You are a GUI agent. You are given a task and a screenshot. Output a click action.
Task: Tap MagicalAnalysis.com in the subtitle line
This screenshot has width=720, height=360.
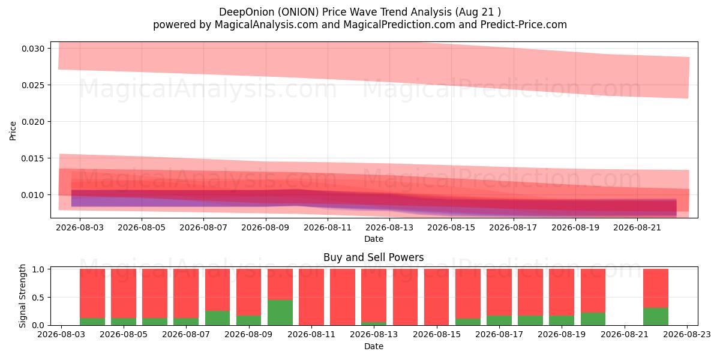pyautogui.click(x=266, y=25)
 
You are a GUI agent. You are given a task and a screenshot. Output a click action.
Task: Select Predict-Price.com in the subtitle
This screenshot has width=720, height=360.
pyautogui.click(x=524, y=25)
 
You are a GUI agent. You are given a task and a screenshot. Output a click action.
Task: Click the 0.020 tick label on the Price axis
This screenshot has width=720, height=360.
pyautogui.click(x=33, y=122)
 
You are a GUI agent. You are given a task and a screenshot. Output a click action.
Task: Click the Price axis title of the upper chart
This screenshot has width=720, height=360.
pyautogui.click(x=13, y=131)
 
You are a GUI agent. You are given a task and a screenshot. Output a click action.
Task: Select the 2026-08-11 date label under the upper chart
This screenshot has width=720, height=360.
pyautogui.click(x=328, y=228)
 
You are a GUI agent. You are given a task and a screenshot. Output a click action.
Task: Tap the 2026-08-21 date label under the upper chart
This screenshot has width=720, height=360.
pyautogui.click(x=637, y=228)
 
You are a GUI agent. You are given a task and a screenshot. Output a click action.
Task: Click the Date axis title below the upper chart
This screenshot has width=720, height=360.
pyautogui.click(x=374, y=239)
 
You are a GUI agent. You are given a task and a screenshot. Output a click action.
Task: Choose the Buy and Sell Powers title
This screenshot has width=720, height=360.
pyautogui.click(x=373, y=257)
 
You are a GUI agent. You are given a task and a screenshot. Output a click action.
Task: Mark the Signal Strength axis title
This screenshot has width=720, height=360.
pyautogui.click(x=22, y=296)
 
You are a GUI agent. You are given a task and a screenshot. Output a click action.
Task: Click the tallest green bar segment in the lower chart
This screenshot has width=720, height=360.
pyautogui.click(x=280, y=313)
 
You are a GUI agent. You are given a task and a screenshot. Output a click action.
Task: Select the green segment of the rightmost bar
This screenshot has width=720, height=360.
pyautogui.click(x=656, y=317)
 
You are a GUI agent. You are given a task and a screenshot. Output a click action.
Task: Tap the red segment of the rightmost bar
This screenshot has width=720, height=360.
pyautogui.click(x=656, y=289)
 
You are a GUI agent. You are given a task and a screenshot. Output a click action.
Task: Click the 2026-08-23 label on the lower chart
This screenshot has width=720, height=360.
pyautogui.click(x=687, y=335)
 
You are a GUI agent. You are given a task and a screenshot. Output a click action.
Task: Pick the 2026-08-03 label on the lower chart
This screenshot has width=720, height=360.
pyautogui.click(x=61, y=335)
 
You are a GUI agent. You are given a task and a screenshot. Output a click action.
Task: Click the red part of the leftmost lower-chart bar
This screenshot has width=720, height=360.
pyautogui.click(x=92, y=293)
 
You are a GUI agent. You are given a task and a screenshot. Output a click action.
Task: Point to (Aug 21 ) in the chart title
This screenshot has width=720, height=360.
pyautogui.click(x=478, y=12)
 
